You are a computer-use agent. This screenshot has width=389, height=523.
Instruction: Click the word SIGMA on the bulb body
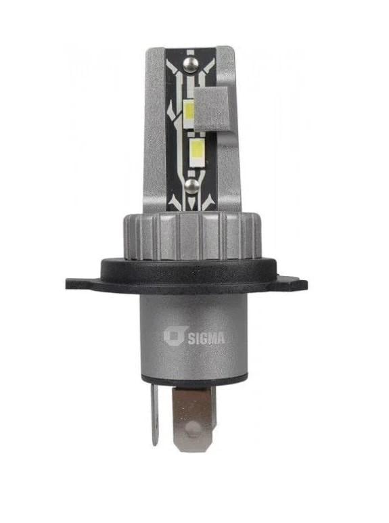coord(206,338)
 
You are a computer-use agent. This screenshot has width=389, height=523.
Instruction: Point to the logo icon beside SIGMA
coord(173,337)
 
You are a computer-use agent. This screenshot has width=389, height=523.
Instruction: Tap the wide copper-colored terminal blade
coord(193,418)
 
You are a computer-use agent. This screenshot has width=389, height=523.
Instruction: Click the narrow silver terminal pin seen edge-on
coord(154,414)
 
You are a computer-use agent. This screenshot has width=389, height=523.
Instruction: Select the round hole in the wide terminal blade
coord(193,428)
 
